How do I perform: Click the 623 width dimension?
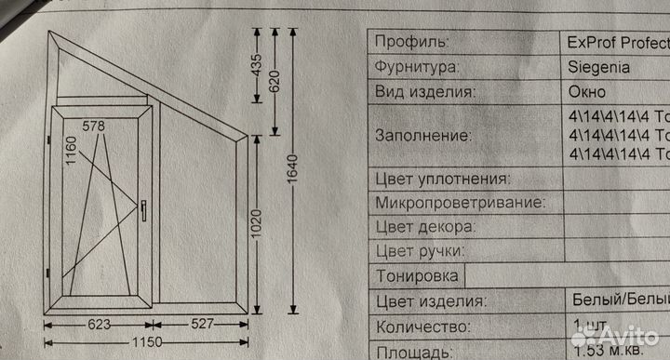[100, 324]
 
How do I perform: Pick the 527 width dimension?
[203, 324]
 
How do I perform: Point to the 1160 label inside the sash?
[71, 149]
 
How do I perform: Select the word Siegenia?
[598, 68]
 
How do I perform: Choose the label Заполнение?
[422, 136]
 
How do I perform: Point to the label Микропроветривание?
[454, 203]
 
